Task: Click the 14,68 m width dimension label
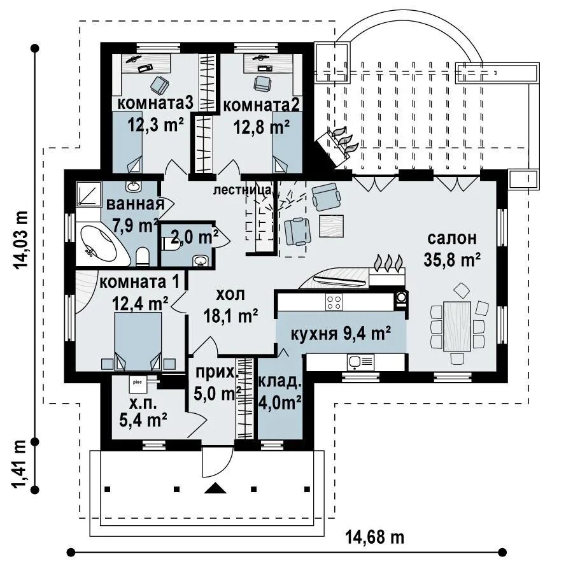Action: (375, 537)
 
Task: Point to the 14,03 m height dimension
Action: (20, 240)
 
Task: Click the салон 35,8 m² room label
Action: (452, 249)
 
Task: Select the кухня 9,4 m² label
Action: (341, 333)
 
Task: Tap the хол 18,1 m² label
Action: (230, 305)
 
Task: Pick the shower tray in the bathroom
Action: (88, 194)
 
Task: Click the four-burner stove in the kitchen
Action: (334, 302)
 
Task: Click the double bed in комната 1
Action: (138, 342)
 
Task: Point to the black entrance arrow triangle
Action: (215, 488)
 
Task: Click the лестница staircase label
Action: (243, 190)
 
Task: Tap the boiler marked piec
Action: (138, 382)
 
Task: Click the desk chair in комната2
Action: (263, 83)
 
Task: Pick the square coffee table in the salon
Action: (332, 226)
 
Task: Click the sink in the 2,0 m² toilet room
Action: (201, 260)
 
